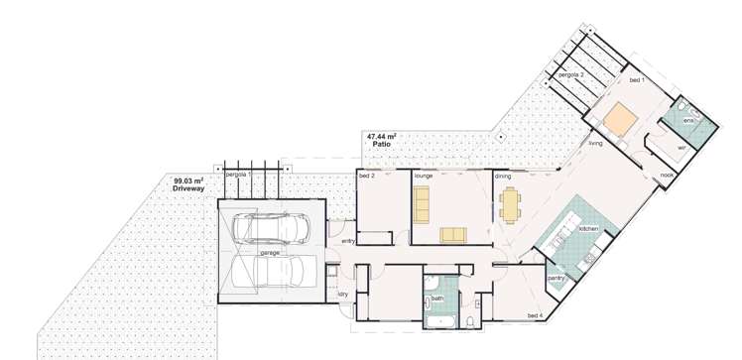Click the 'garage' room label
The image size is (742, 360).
pos(269,253)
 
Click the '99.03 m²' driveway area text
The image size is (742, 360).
pos(188,180)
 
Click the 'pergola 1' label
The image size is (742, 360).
pos(236,175)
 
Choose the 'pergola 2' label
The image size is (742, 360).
pos(570,75)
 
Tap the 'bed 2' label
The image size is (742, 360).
pos(367,175)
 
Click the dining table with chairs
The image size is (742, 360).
pos(511,205)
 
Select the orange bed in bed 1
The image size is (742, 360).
pos(622,120)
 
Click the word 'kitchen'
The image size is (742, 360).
pos(589,229)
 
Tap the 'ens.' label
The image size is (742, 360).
pos(688,119)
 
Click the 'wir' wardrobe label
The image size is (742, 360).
pos(681,147)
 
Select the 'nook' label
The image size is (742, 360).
pos(667,176)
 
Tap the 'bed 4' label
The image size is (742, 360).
pos(535,315)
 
